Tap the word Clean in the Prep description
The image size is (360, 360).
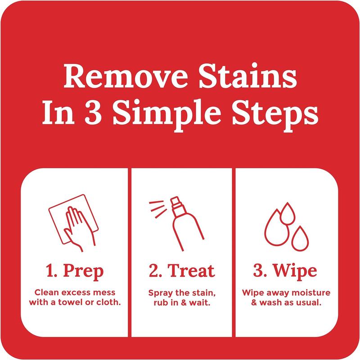(43, 293)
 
